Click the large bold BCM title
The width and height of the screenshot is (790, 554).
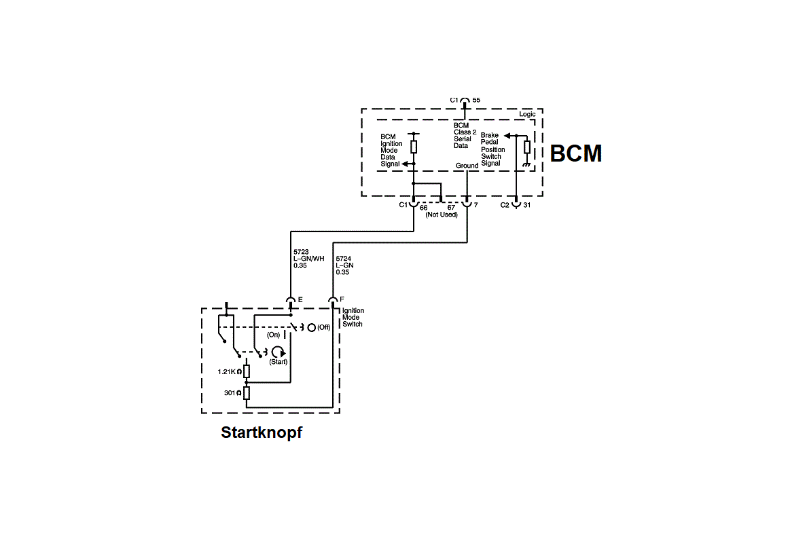576,154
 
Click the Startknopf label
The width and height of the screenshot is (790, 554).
262,432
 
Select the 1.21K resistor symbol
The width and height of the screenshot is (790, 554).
247,371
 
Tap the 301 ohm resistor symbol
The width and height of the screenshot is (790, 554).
247,393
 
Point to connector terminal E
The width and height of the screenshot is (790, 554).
300,300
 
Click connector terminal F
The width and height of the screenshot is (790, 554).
342,299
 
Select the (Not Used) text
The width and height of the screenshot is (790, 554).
442,215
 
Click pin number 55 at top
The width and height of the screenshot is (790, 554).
476,100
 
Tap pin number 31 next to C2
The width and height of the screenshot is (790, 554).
527,204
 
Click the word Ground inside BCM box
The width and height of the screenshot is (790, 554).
467,166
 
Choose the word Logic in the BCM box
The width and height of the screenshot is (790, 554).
527,114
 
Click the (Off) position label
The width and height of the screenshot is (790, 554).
323,327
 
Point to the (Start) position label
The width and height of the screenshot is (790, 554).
278,362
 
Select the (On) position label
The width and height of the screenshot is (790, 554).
273,335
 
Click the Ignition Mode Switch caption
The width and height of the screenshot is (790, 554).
353,317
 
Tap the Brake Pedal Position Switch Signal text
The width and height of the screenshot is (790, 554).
492,149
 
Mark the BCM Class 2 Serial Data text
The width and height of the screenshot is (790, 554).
465,135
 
